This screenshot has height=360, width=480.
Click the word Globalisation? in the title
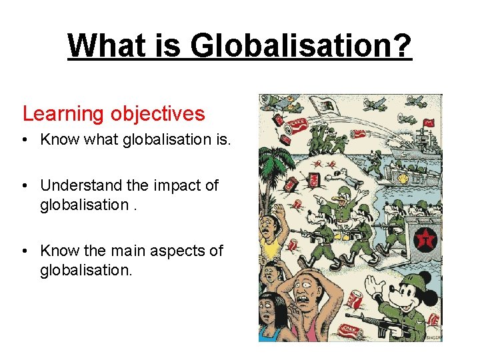[x=301, y=46]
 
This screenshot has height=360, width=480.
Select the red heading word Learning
[x=61, y=114]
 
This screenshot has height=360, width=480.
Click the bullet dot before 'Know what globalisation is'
[x=25, y=140]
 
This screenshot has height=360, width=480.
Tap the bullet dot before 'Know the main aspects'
[x=25, y=251]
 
